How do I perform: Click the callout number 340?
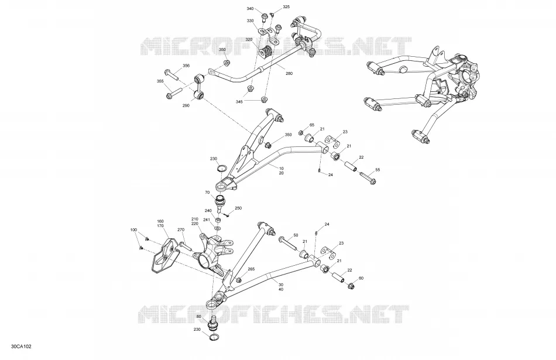[x=250, y=9]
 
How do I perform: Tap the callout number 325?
[x=286, y=7]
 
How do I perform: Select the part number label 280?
[x=289, y=74]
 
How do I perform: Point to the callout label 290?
[x=186, y=105]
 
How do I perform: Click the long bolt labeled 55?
[x=368, y=178]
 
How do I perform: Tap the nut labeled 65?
[x=301, y=133]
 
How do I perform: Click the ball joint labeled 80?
[x=214, y=323]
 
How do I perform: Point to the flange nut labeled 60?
[x=351, y=285]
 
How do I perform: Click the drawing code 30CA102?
[x=21, y=347]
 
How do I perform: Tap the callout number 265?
[x=250, y=269]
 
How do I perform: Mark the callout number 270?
[x=181, y=230]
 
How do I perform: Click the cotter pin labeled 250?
[x=227, y=214]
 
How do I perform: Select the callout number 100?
[x=133, y=230]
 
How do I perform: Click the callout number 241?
[x=207, y=220]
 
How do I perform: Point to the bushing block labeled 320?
[x=265, y=53]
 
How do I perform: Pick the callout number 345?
[x=239, y=102]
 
